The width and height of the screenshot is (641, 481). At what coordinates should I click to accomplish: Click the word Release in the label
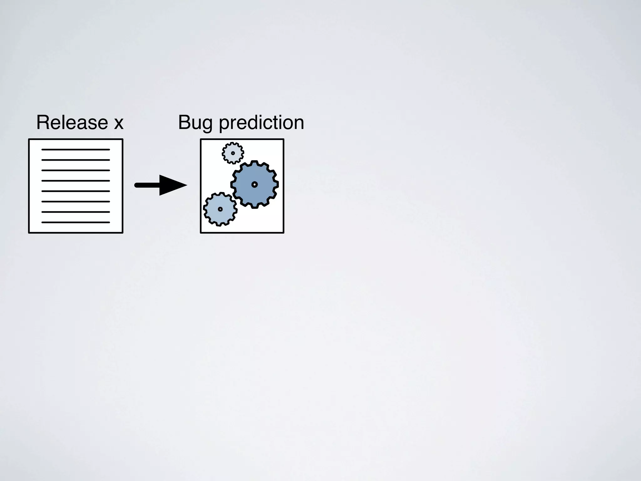click(x=72, y=122)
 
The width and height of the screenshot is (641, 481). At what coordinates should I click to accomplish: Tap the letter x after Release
click(x=119, y=123)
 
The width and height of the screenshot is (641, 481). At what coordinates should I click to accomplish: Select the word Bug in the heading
click(x=195, y=123)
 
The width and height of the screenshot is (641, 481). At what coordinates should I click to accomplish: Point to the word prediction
click(x=261, y=123)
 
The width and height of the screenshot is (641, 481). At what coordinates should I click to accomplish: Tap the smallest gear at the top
click(x=233, y=153)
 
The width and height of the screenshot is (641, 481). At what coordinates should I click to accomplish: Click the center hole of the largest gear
click(x=254, y=184)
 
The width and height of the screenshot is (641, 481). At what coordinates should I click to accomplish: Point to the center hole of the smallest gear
click(x=233, y=153)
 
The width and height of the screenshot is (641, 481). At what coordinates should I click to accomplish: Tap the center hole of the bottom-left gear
click(x=220, y=209)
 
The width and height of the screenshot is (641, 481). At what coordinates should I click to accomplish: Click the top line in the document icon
click(x=75, y=150)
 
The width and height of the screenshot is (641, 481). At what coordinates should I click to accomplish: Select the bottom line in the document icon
click(x=75, y=222)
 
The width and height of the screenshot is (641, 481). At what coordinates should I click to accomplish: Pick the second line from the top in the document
click(x=75, y=160)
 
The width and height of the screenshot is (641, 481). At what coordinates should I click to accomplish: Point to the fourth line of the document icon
click(x=75, y=181)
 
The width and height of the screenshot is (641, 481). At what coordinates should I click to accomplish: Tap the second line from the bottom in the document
click(x=75, y=212)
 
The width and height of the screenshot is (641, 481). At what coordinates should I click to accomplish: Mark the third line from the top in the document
click(x=75, y=170)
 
